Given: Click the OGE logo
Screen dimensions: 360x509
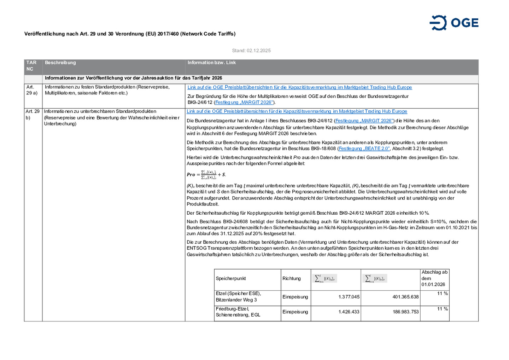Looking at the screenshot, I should coord(454,23).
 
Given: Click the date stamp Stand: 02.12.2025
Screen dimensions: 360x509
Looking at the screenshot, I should coord(251,51).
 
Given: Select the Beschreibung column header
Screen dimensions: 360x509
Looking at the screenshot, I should coord(60,63).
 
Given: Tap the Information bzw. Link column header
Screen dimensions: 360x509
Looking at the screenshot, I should coord(211,63).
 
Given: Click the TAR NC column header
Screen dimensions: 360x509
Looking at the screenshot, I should coord(31,66).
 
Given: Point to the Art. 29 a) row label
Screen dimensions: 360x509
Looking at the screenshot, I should coord(31,90).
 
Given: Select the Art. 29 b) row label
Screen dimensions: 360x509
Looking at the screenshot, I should coord(33,114).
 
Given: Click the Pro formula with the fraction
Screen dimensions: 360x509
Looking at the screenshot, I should coord(206,174).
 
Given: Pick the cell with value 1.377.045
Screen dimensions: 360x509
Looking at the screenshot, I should coord(349,297).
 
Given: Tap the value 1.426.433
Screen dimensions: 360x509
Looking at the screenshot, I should coord(349,312).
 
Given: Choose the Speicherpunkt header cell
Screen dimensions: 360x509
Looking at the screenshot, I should coord(231,279).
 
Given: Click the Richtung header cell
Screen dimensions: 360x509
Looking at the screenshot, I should coord(292,279).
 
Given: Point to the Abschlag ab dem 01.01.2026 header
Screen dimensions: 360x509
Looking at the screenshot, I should coord(434,278).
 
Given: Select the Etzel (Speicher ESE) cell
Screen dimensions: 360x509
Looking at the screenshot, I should coord(238,297).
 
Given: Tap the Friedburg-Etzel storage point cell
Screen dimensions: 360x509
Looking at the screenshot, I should coord(238,312).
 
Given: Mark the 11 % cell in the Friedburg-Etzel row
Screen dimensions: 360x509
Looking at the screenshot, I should coord(442,309).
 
